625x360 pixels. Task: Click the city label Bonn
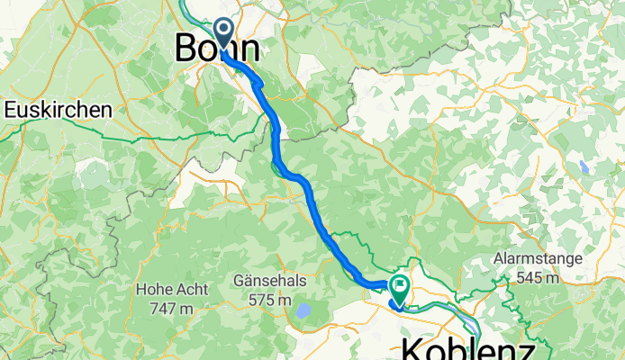[218, 49]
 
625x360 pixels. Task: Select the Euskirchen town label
[59, 110]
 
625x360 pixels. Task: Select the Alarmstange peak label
[538, 259]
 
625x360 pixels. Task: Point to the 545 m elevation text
[538, 277]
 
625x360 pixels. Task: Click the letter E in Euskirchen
[10, 110]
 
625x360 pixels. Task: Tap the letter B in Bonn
[186, 49]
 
